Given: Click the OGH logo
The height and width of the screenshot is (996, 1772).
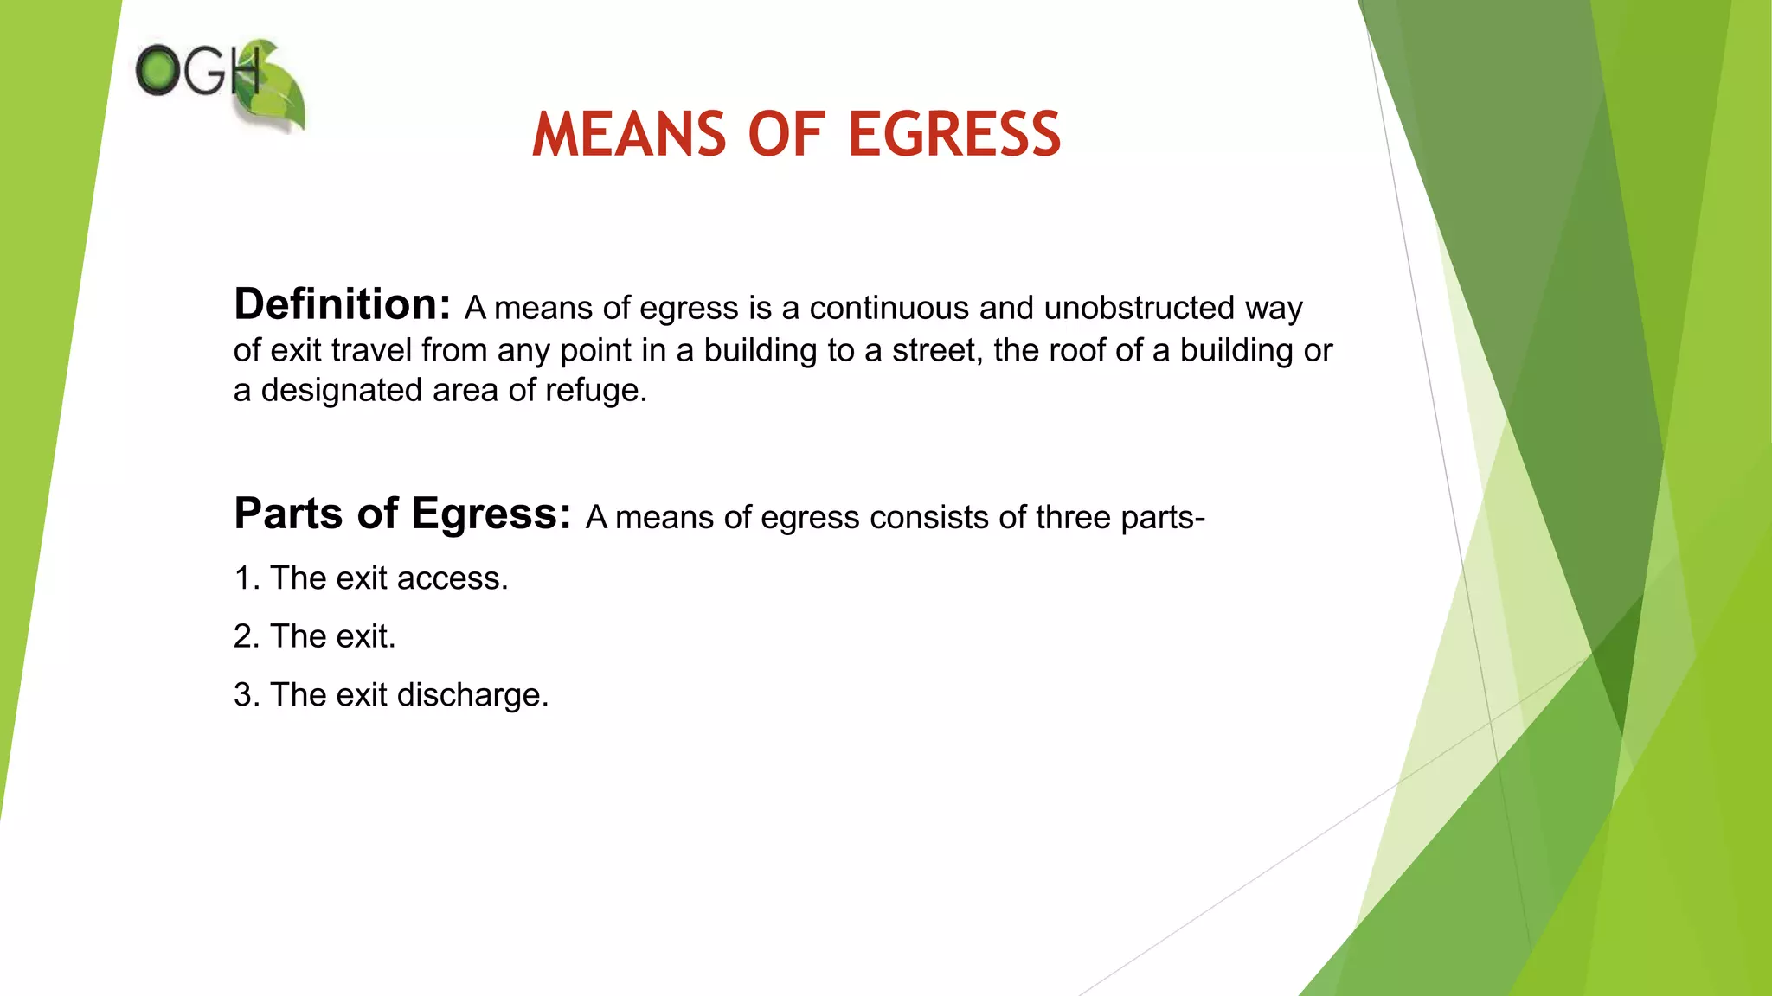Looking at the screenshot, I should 220,83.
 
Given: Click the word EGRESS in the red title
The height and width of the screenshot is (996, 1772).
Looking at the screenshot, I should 954,135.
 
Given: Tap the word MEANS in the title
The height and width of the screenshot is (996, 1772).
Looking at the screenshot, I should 629,135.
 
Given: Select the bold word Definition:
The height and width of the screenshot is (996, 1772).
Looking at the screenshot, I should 342,304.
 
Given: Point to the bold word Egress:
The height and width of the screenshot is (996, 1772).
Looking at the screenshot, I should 491,515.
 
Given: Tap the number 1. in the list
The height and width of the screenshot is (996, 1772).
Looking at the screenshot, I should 246,578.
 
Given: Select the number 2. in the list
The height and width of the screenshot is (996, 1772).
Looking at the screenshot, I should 246,636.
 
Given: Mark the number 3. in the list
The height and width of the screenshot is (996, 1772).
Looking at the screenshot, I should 246,695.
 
